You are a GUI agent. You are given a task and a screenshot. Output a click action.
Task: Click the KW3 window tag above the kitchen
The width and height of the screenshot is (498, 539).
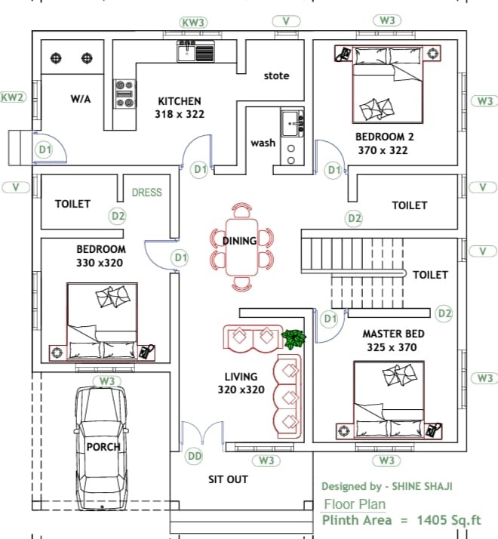(x=193, y=23)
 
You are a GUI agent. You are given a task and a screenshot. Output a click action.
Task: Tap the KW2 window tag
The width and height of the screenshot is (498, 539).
(x=13, y=97)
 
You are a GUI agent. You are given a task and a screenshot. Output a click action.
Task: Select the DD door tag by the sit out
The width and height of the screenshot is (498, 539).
(x=195, y=456)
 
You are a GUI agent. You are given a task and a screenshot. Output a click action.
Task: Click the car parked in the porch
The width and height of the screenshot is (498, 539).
(x=103, y=445)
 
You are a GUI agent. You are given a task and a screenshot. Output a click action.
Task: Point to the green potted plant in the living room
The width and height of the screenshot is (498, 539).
(x=293, y=338)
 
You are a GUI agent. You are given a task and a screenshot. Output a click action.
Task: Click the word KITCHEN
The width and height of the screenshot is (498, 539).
(x=179, y=101)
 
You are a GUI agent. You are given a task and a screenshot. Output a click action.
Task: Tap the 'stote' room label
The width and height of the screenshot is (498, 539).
(x=276, y=75)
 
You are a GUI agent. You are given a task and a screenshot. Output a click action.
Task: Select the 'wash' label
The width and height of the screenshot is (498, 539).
(x=263, y=143)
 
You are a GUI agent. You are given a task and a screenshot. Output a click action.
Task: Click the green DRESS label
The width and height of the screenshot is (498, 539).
(x=146, y=192)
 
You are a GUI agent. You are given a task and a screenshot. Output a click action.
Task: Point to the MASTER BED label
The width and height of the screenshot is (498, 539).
(x=393, y=334)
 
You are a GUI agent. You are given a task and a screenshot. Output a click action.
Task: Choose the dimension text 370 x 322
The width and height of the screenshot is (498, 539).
(x=384, y=150)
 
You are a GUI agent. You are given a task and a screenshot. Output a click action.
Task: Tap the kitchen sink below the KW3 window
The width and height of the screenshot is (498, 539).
(x=195, y=51)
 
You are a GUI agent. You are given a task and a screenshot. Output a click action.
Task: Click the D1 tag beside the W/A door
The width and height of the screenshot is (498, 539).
(x=45, y=149)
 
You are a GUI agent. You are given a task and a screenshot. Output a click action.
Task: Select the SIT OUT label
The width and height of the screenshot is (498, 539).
(x=228, y=479)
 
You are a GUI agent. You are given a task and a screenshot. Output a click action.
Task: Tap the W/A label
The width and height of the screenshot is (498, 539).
(x=80, y=98)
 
